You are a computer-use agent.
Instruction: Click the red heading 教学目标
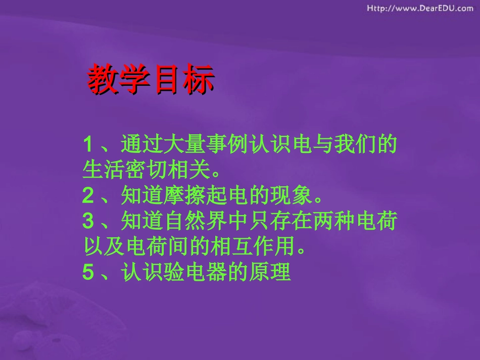(x=151, y=79)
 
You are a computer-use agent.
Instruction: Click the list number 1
(x=88, y=145)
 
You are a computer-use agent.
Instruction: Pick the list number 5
(x=88, y=273)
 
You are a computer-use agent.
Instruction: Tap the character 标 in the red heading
(x=199, y=79)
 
